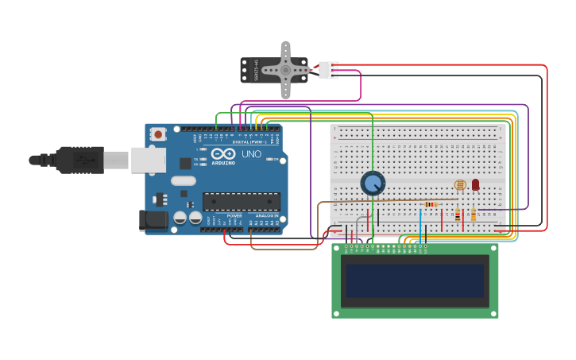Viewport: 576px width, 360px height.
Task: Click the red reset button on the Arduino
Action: point(158,134)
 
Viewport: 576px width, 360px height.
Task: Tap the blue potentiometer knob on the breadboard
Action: point(373,184)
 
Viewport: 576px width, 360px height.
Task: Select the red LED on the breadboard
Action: point(475,184)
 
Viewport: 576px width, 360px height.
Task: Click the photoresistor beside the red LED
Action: point(460,185)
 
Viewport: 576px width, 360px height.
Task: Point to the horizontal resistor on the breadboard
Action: point(431,204)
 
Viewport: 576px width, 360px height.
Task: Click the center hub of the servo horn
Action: point(285,70)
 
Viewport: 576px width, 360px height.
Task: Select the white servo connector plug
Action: point(328,70)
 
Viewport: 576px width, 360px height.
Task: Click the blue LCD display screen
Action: point(415,280)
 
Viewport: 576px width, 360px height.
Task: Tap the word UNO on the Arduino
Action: point(251,154)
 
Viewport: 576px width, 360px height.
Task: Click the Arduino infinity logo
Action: point(223,153)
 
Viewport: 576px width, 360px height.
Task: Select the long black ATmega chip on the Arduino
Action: point(241,201)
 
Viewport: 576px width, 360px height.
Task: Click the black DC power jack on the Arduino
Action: point(153,220)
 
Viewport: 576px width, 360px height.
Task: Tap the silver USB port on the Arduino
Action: point(148,160)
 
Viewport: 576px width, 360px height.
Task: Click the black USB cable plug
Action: point(79,160)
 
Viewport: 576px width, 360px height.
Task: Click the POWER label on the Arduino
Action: point(234,215)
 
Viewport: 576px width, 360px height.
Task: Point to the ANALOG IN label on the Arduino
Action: point(266,215)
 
